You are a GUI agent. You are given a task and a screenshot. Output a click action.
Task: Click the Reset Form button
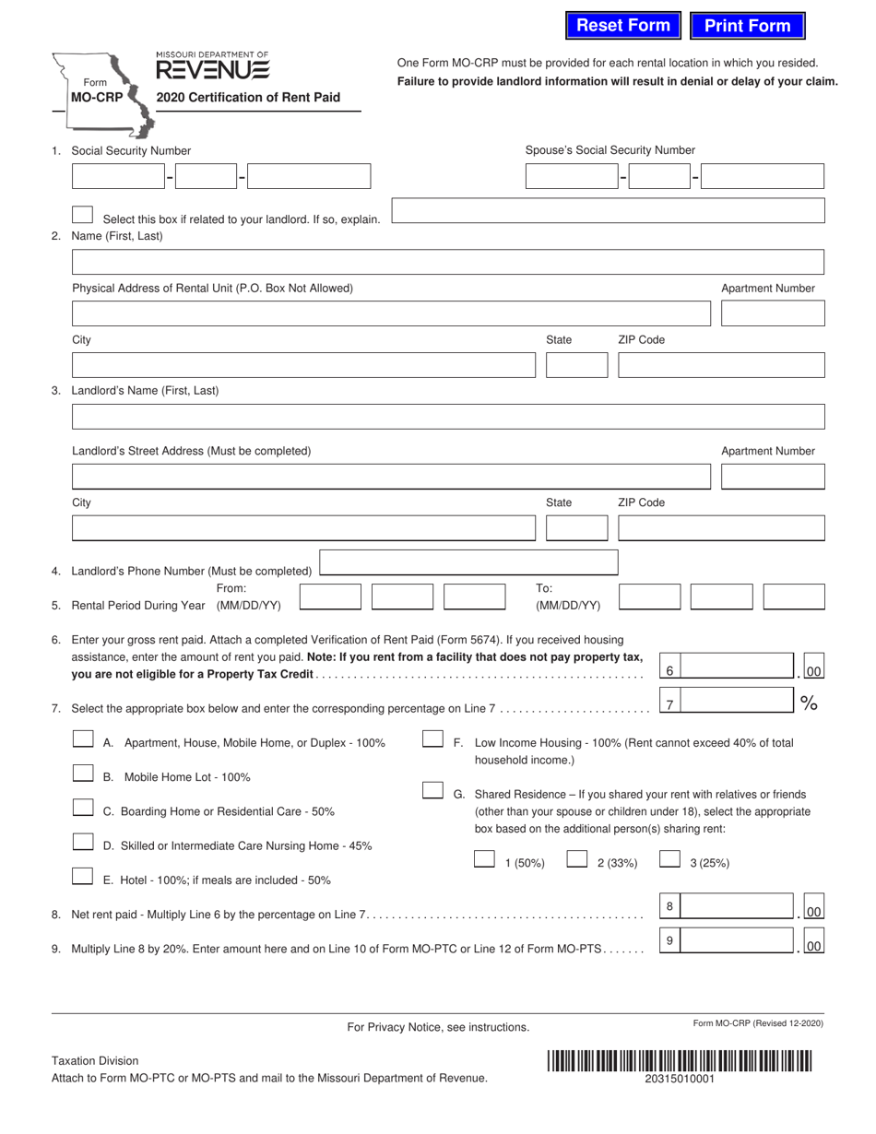coord(623,26)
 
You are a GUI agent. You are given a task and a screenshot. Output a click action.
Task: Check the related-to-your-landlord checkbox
coord(82,215)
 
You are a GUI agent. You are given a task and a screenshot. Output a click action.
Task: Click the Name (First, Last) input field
coord(447,262)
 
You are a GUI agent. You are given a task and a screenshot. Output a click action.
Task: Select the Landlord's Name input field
coord(447,417)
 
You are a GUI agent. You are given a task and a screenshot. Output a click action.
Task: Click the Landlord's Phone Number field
coord(468,562)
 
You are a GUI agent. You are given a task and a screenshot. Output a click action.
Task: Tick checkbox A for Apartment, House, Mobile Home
coord(83,739)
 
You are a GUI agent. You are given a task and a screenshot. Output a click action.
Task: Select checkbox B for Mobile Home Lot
coord(83,774)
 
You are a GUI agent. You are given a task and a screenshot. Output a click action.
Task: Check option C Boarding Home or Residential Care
coord(83,809)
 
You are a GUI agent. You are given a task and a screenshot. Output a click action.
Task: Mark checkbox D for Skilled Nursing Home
coord(83,843)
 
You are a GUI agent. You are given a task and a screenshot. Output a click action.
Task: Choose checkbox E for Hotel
coord(83,877)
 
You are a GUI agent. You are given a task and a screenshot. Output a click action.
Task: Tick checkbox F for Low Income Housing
coord(432,739)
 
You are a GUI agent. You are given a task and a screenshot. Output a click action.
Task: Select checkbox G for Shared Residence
coord(432,791)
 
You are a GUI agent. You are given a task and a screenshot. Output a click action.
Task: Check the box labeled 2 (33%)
coord(577,860)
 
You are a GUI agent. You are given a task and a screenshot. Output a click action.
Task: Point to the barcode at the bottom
coord(679,1061)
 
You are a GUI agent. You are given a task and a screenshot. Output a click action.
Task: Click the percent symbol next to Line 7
coord(809,704)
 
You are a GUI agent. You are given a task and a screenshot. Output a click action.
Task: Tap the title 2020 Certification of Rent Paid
coord(248,98)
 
